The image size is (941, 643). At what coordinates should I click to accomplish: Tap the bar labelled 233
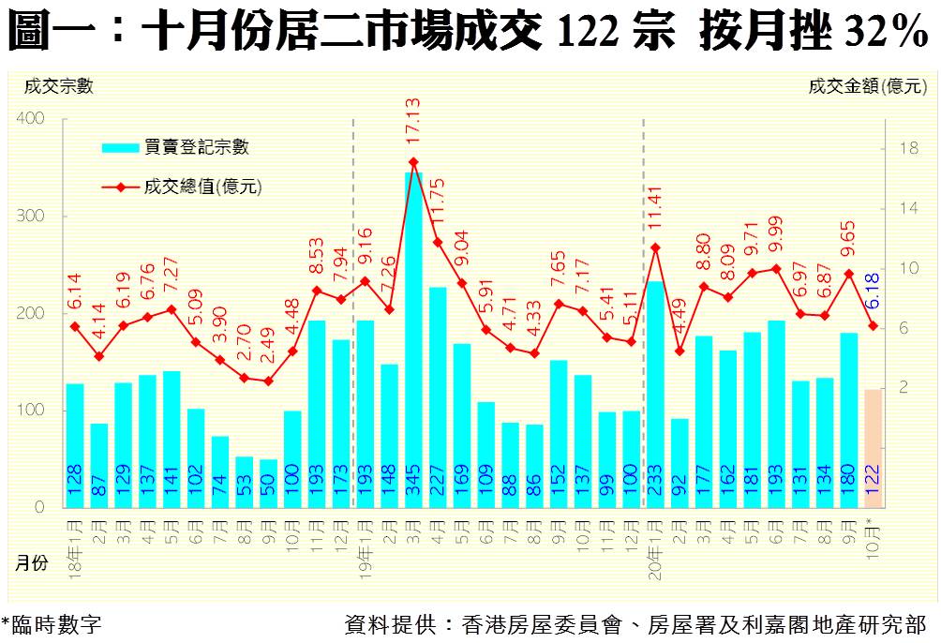(x=655, y=394)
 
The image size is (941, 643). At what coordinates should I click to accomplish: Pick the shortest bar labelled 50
(x=268, y=483)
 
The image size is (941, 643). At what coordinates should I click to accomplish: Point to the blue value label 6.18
(x=874, y=292)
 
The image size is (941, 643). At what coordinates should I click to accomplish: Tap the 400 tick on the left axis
(x=30, y=119)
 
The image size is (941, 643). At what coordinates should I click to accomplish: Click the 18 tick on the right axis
(x=908, y=148)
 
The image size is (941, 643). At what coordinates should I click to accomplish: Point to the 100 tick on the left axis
(x=30, y=411)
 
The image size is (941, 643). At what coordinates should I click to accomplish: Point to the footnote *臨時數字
(x=52, y=624)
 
